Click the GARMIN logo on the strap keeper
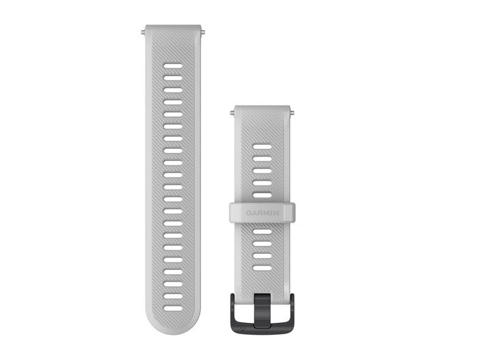[262, 213]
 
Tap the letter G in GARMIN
[248, 213]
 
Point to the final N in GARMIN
[276, 213]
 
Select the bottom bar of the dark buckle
[262, 327]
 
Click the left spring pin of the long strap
[143, 32]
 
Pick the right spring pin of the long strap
[203, 32]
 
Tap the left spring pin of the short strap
[232, 113]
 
